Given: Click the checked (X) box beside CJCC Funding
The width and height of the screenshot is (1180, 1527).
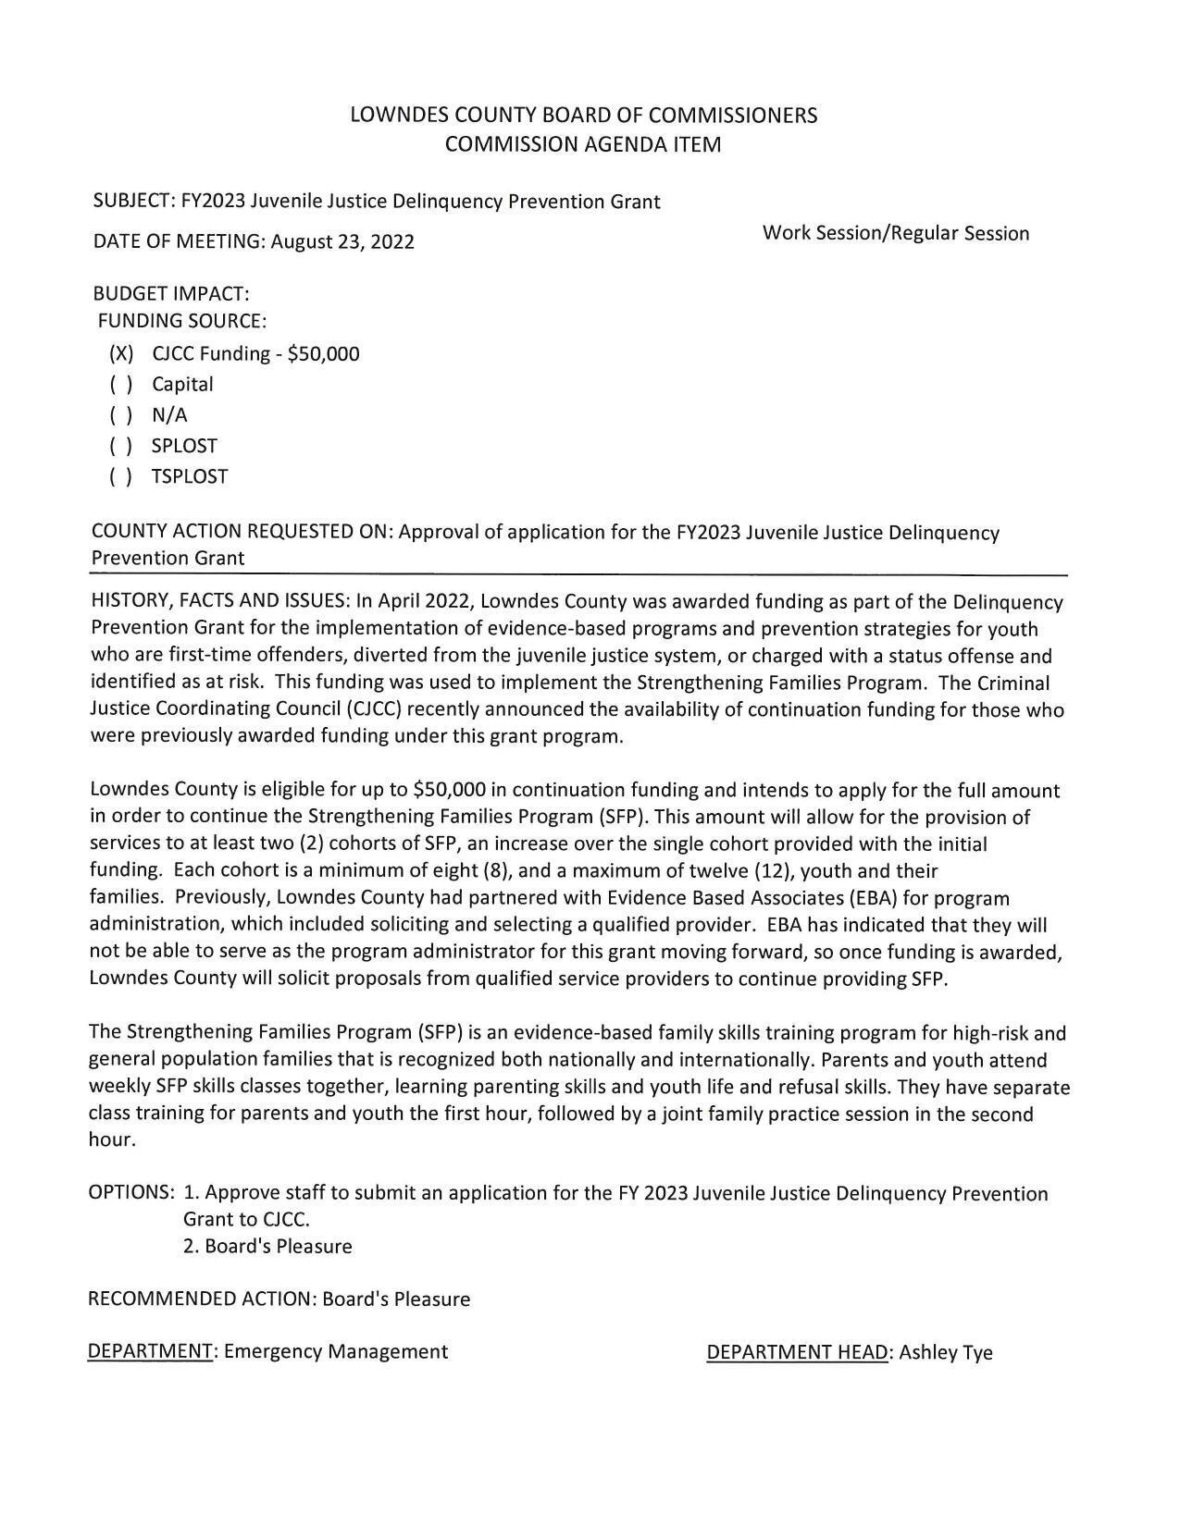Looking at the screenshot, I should [121, 354].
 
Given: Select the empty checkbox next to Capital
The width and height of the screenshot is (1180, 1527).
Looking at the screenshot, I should [121, 385].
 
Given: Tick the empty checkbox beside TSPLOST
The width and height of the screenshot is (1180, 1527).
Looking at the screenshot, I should [121, 477].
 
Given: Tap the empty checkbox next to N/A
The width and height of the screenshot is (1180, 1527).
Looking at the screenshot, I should [121, 415].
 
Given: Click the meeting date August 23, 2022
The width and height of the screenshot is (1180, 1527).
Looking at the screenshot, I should [342, 242].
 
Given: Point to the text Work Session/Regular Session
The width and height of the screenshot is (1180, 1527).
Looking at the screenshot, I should [895, 233].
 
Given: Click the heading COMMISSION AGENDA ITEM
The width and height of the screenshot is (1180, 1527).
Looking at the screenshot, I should [583, 144].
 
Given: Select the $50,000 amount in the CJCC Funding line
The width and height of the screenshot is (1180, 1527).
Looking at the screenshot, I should [323, 354].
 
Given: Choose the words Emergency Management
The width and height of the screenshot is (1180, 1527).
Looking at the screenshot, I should [336, 1352].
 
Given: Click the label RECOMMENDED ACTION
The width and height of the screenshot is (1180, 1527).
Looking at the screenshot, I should [201, 1299].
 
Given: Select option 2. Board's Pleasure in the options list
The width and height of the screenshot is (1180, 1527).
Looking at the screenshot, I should [267, 1247].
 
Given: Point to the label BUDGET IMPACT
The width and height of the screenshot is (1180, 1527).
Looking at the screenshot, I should [171, 295].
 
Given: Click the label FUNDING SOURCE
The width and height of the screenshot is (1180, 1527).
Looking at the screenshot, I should [182, 322].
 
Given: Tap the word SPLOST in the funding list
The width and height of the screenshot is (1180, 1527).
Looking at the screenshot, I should [184, 447].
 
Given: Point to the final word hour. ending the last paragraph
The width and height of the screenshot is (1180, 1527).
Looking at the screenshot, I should [112, 1140].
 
